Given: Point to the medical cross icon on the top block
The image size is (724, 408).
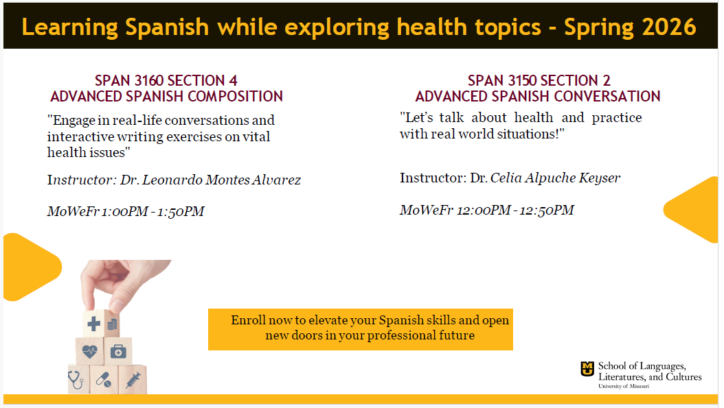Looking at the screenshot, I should point(93,323).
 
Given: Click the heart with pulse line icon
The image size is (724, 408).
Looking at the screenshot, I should point(90,351).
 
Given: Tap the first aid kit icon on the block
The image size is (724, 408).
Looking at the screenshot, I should point(118,351).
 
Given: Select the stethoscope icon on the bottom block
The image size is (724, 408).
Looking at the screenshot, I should point(76,378).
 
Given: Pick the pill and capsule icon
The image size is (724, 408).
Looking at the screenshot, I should point(103,379).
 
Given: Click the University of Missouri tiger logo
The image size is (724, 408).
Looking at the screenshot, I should point(587,370).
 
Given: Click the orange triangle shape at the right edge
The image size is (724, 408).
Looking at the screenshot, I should point(694,209).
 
